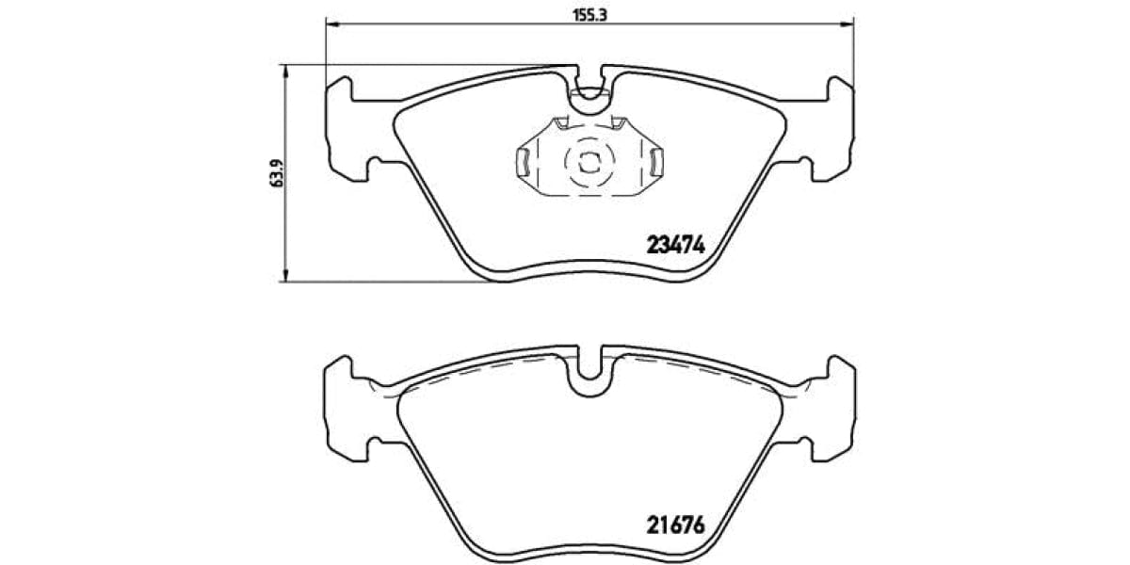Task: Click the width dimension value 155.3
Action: click(x=589, y=14)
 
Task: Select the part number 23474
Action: click(x=675, y=245)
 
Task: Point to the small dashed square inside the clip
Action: click(x=589, y=161)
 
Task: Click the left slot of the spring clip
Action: click(x=520, y=162)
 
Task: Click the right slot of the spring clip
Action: click(x=658, y=162)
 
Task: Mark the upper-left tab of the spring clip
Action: click(x=561, y=122)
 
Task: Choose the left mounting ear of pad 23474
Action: click(x=347, y=127)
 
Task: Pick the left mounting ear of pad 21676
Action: click(x=347, y=405)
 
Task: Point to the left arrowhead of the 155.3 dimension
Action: click(x=330, y=24)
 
